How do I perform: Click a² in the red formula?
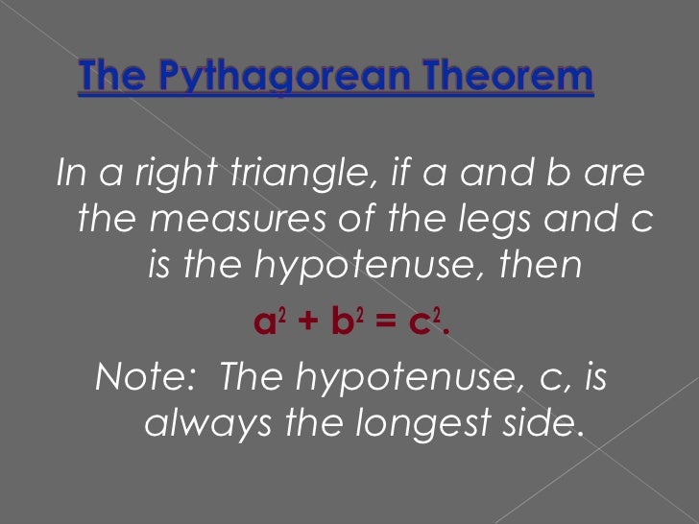[265, 323]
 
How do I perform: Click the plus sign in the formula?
[303, 324]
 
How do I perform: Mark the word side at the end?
[542, 423]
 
